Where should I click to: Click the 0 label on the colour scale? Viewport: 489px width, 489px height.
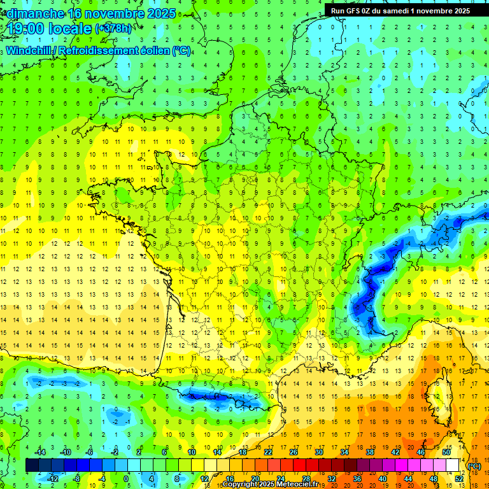pyautogui.click(x=125, y=479)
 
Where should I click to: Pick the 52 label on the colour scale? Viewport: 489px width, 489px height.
pyautogui.click(x=459, y=479)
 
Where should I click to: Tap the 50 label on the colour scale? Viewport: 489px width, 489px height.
pyautogui.click(x=446, y=452)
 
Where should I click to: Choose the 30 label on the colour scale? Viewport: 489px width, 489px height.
pyautogui.click(x=318, y=452)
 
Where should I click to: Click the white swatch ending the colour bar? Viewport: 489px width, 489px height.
pyautogui.click(x=453, y=465)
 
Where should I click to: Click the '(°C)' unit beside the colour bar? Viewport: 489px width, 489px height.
pyautogui.click(x=474, y=465)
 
